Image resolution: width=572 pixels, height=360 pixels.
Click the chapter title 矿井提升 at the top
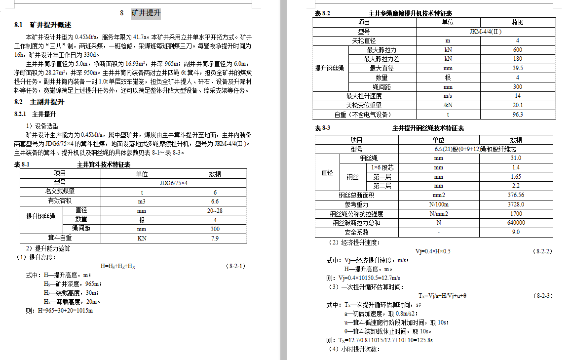pos(146,13)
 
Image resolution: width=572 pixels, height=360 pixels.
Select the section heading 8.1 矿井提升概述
pos(43,25)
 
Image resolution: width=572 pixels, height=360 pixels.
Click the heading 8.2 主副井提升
pos(39,102)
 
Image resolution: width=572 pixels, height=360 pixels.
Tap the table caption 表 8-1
pos(22,164)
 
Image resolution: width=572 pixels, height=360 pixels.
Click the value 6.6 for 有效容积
pos(215,201)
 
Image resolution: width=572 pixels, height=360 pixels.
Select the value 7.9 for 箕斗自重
pos(215,238)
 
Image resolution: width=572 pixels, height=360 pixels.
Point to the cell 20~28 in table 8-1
pos(215,210)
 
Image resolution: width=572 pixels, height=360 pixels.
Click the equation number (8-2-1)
pos(236,266)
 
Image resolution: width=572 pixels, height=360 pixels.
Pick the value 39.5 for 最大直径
pos(517,68)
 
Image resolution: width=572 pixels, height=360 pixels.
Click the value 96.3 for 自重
pos(517,115)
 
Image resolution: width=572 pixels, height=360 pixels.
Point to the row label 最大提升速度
pos(364,96)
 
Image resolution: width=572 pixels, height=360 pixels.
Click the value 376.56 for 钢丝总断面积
pos(516,195)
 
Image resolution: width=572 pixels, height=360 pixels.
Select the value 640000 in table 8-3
pos(516,223)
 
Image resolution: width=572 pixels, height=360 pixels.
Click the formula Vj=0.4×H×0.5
pos(432,251)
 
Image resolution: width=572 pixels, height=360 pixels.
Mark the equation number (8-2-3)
pos(542,296)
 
